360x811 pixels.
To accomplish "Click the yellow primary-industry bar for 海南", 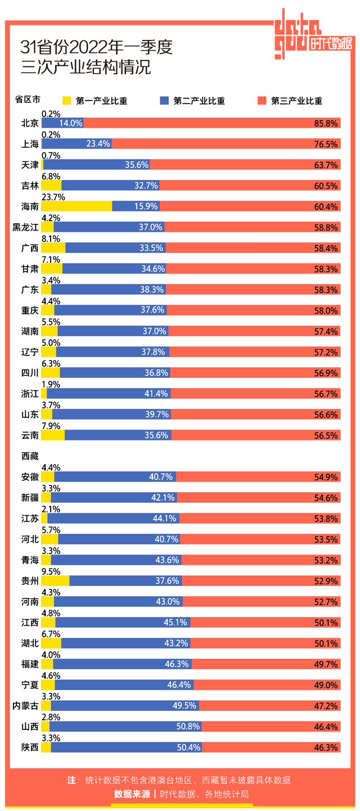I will [76, 206].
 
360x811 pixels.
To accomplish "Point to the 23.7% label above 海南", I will [53, 197].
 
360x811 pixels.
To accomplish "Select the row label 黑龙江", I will [26, 227].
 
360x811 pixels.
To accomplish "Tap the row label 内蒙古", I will [26, 706].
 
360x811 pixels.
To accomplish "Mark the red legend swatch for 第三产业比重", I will [262, 101].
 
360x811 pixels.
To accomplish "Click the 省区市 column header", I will [27, 100].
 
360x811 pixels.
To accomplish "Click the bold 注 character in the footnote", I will [71, 780].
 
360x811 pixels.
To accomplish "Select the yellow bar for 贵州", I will [55, 581].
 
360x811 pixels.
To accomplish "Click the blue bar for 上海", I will [77, 144].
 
